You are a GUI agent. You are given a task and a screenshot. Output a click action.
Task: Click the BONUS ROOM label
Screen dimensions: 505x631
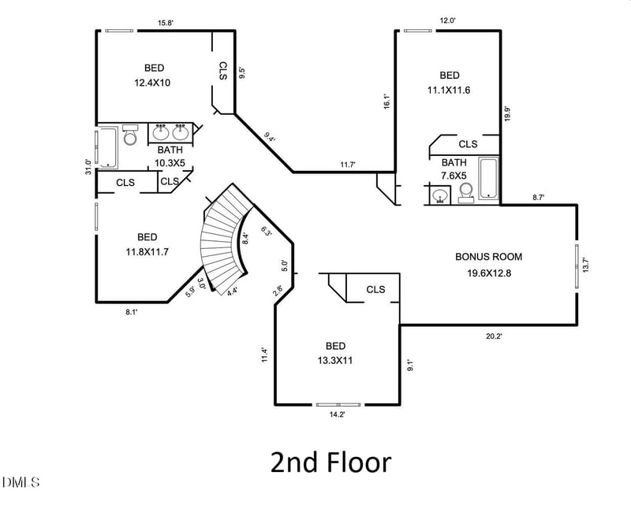pyautogui.click(x=488, y=256)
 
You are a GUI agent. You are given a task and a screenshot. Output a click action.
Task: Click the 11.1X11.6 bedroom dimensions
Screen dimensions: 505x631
pyautogui.click(x=448, y=90)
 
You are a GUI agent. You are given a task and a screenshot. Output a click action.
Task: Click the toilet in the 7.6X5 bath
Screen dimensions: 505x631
pyautogui.click(x=466, y=191)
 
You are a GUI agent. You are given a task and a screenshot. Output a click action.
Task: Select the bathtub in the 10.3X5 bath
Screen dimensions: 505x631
pyautogui.click(x=106, y=148)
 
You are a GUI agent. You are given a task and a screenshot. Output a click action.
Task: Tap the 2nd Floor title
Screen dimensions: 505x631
pyautogui.click(x=330, y=462)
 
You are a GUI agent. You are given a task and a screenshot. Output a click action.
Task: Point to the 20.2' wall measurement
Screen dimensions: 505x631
pyautogui.click(x=494, y=336)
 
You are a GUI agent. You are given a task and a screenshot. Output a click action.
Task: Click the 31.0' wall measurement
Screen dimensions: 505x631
pyautogui.click(x=88, y=167)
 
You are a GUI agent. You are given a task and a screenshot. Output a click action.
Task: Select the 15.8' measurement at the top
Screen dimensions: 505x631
pyautogui.click(x=166, y=23)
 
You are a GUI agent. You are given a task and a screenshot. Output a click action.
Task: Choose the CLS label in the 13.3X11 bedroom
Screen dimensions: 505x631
pyautogui.click(x=375, y=289)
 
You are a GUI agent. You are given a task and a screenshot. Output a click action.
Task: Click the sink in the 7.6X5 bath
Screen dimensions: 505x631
pyautogui.click(x=439, y=195)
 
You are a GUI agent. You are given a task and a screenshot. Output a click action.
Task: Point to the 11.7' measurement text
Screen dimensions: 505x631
pyautogui.click(x=348, y=164)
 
